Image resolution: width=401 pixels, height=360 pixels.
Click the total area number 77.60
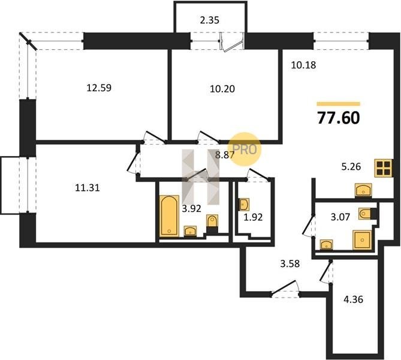(x=339, y=118)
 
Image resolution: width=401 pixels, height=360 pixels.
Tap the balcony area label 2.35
(x=210, y=20)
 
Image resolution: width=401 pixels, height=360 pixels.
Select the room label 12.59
(x=100, y=88)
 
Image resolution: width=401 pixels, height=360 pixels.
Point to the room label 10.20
(x=222, y=89)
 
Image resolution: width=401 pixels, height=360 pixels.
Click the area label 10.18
(x=303, y=65)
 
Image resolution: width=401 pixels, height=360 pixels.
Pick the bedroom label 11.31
(x=88, y=188)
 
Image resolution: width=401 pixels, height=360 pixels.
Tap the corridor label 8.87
(x=225, y=155)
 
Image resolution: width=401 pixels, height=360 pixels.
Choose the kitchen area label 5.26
(x=351, y=167)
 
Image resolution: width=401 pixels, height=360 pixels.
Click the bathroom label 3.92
(x=192, y=209)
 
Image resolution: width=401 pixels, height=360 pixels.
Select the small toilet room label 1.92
(x=253, y=217)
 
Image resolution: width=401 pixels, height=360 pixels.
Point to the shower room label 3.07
(x=340, y=217)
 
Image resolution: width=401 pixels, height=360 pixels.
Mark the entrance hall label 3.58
(x=290, y=263)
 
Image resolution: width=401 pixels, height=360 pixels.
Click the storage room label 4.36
(x=353, y=299)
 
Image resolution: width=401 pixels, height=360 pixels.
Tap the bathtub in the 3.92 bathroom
(x=169, y=215)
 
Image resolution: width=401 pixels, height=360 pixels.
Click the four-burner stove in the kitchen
(x=384, y=168)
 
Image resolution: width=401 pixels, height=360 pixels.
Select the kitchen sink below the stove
(x=363, y=190)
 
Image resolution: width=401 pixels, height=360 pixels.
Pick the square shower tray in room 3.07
(x=362, y=239)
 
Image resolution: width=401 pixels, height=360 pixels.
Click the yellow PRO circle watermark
(x=245, y=149)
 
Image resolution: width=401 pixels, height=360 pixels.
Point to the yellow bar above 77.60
(x=338, y=104)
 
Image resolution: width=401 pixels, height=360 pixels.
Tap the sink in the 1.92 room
(x=244, y=205)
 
